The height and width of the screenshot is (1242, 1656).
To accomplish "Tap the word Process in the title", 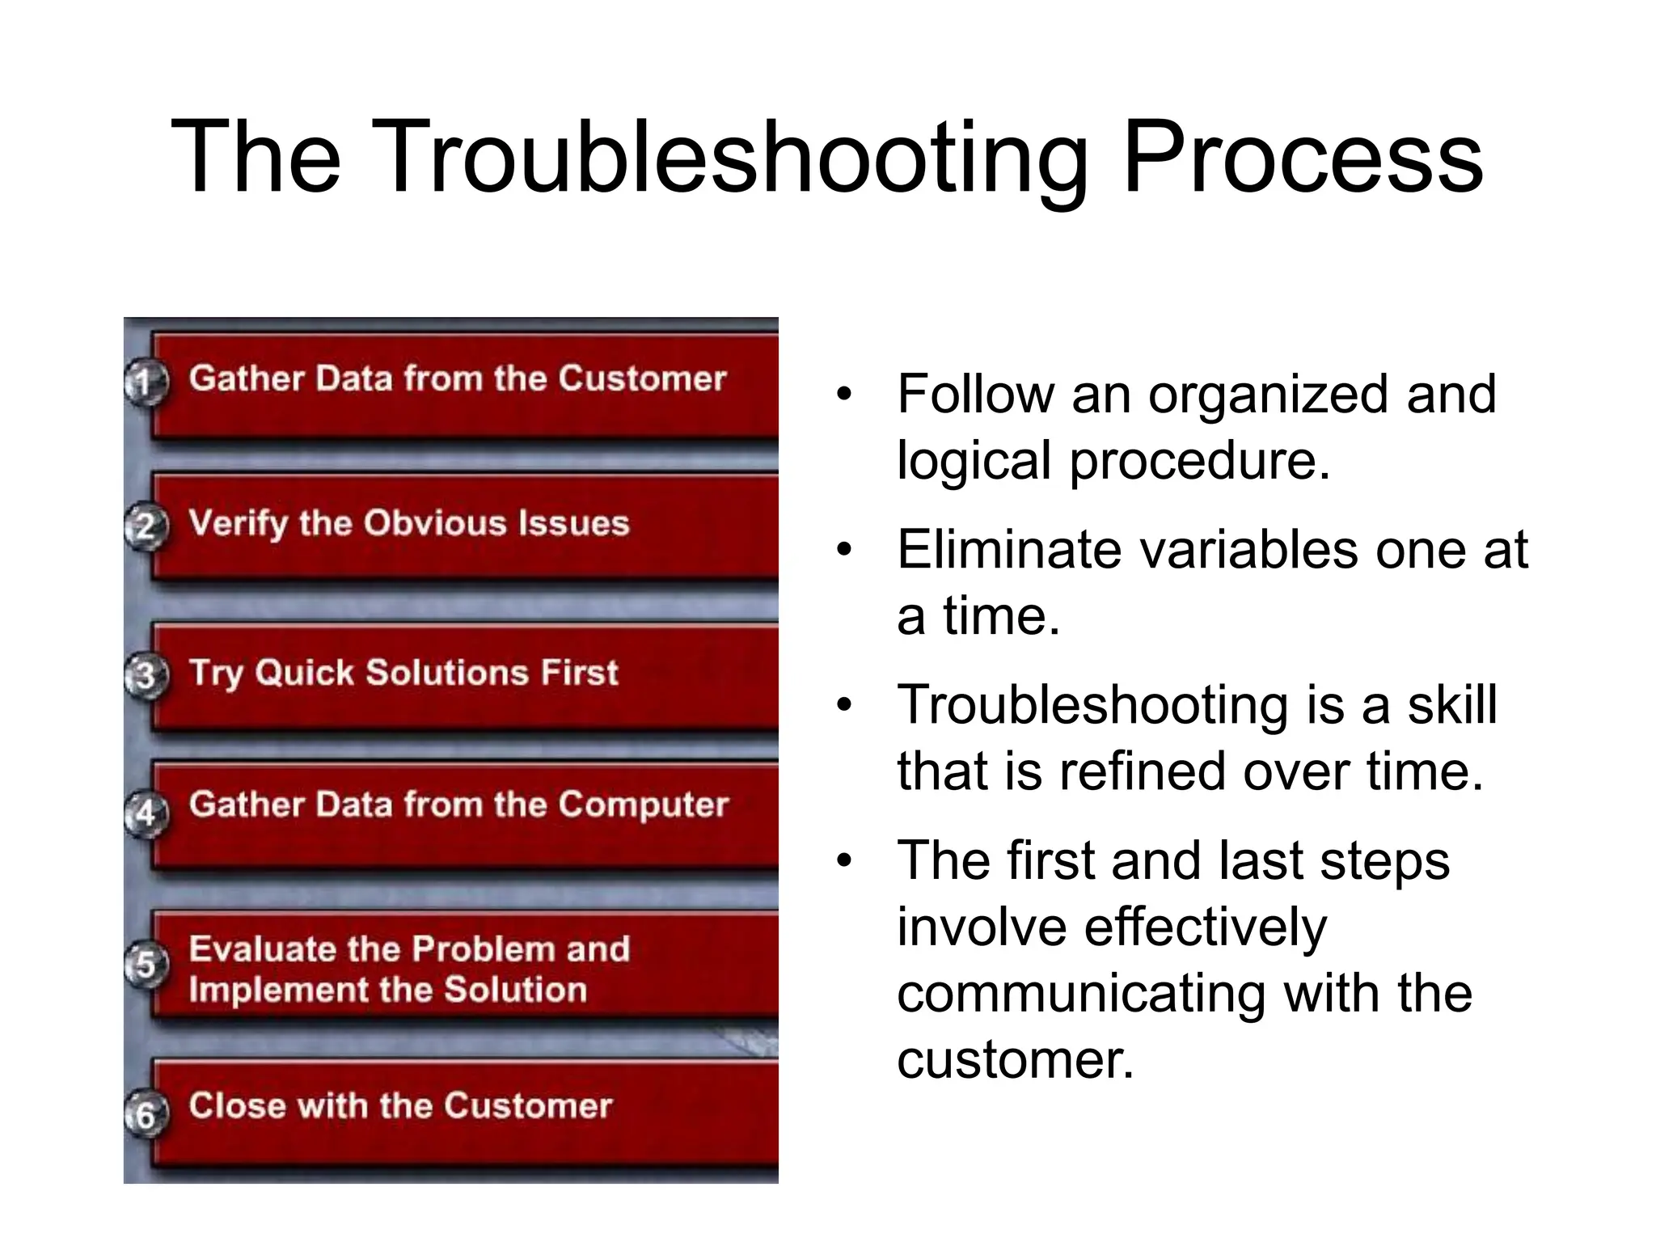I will [x=1303, y=158].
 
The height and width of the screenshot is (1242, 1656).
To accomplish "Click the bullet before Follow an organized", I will [x=844, y=395].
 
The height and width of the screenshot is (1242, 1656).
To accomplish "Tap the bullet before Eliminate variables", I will [x=844, y=551].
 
